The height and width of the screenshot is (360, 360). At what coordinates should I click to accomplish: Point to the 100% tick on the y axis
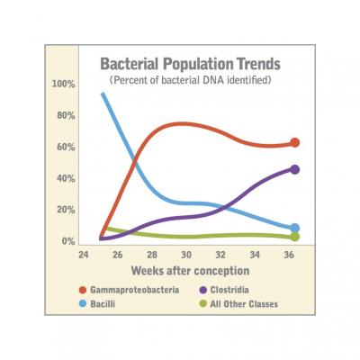pyautogui.click(x=64, y=85)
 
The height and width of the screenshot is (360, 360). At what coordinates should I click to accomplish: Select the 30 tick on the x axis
pyautogui.click(x=185, y=255)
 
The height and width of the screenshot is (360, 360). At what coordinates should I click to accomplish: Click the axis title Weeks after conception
pyautogui.click(x=189, y=270)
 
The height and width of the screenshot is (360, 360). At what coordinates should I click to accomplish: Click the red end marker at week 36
pyautogui.click(x=295, y=143)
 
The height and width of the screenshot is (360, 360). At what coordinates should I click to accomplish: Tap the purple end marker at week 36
pyautogui.click(x=295, y=169)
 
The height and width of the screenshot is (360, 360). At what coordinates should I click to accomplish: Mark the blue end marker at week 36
pyautogui.click(x=295, y=229)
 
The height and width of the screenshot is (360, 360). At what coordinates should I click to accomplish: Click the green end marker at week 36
pyautogui.click(x=295, y=237)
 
